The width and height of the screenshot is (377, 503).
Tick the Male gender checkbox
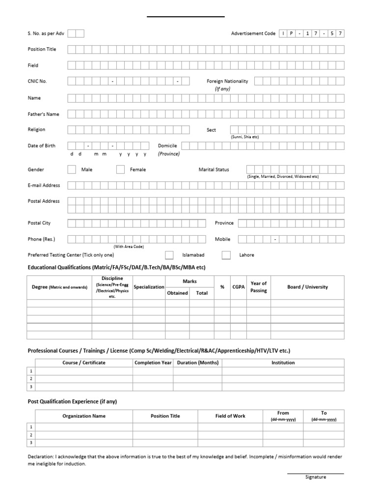point(72,169)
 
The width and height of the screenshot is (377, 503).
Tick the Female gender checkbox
point(120,169)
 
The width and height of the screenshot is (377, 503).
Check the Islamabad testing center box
point(169,255)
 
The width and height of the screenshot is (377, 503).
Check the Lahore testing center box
point(226,255)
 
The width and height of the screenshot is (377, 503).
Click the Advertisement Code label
point(253,33)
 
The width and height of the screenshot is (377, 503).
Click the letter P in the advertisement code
point(291,33)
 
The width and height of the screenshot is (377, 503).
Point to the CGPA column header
point(238,287)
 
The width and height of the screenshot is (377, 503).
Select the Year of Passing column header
point(258,287)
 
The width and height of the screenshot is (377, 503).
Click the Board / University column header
point(307,287)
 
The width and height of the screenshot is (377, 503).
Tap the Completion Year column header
point(153,363)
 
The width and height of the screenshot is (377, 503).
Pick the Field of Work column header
point(230,416)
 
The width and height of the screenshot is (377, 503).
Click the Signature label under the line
point(315,477)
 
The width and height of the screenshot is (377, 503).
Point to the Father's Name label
point(43,114)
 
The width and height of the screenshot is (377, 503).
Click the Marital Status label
point(214,169)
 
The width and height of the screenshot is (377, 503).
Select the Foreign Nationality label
point(227,81)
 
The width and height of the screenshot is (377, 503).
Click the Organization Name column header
point(84,416)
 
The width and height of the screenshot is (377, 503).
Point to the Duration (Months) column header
point(197,363)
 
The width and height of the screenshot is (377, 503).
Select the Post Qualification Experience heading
point(72,401)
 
